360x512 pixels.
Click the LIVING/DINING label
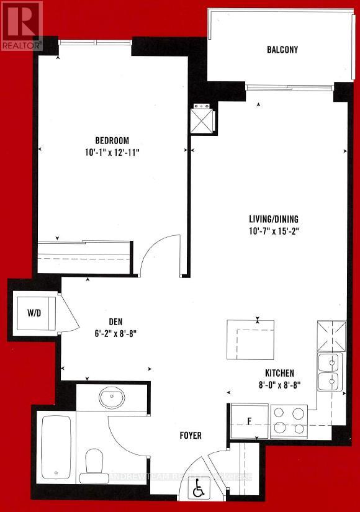274,218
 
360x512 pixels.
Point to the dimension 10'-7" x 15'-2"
274,231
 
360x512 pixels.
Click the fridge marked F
249,421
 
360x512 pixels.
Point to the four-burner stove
290,420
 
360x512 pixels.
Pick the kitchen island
251,339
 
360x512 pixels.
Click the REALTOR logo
22,25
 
